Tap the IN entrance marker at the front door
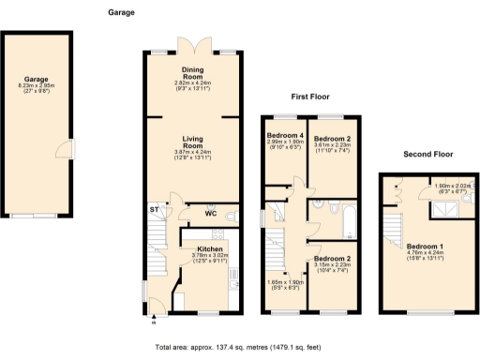(153, 322)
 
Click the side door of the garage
(62, 150)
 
